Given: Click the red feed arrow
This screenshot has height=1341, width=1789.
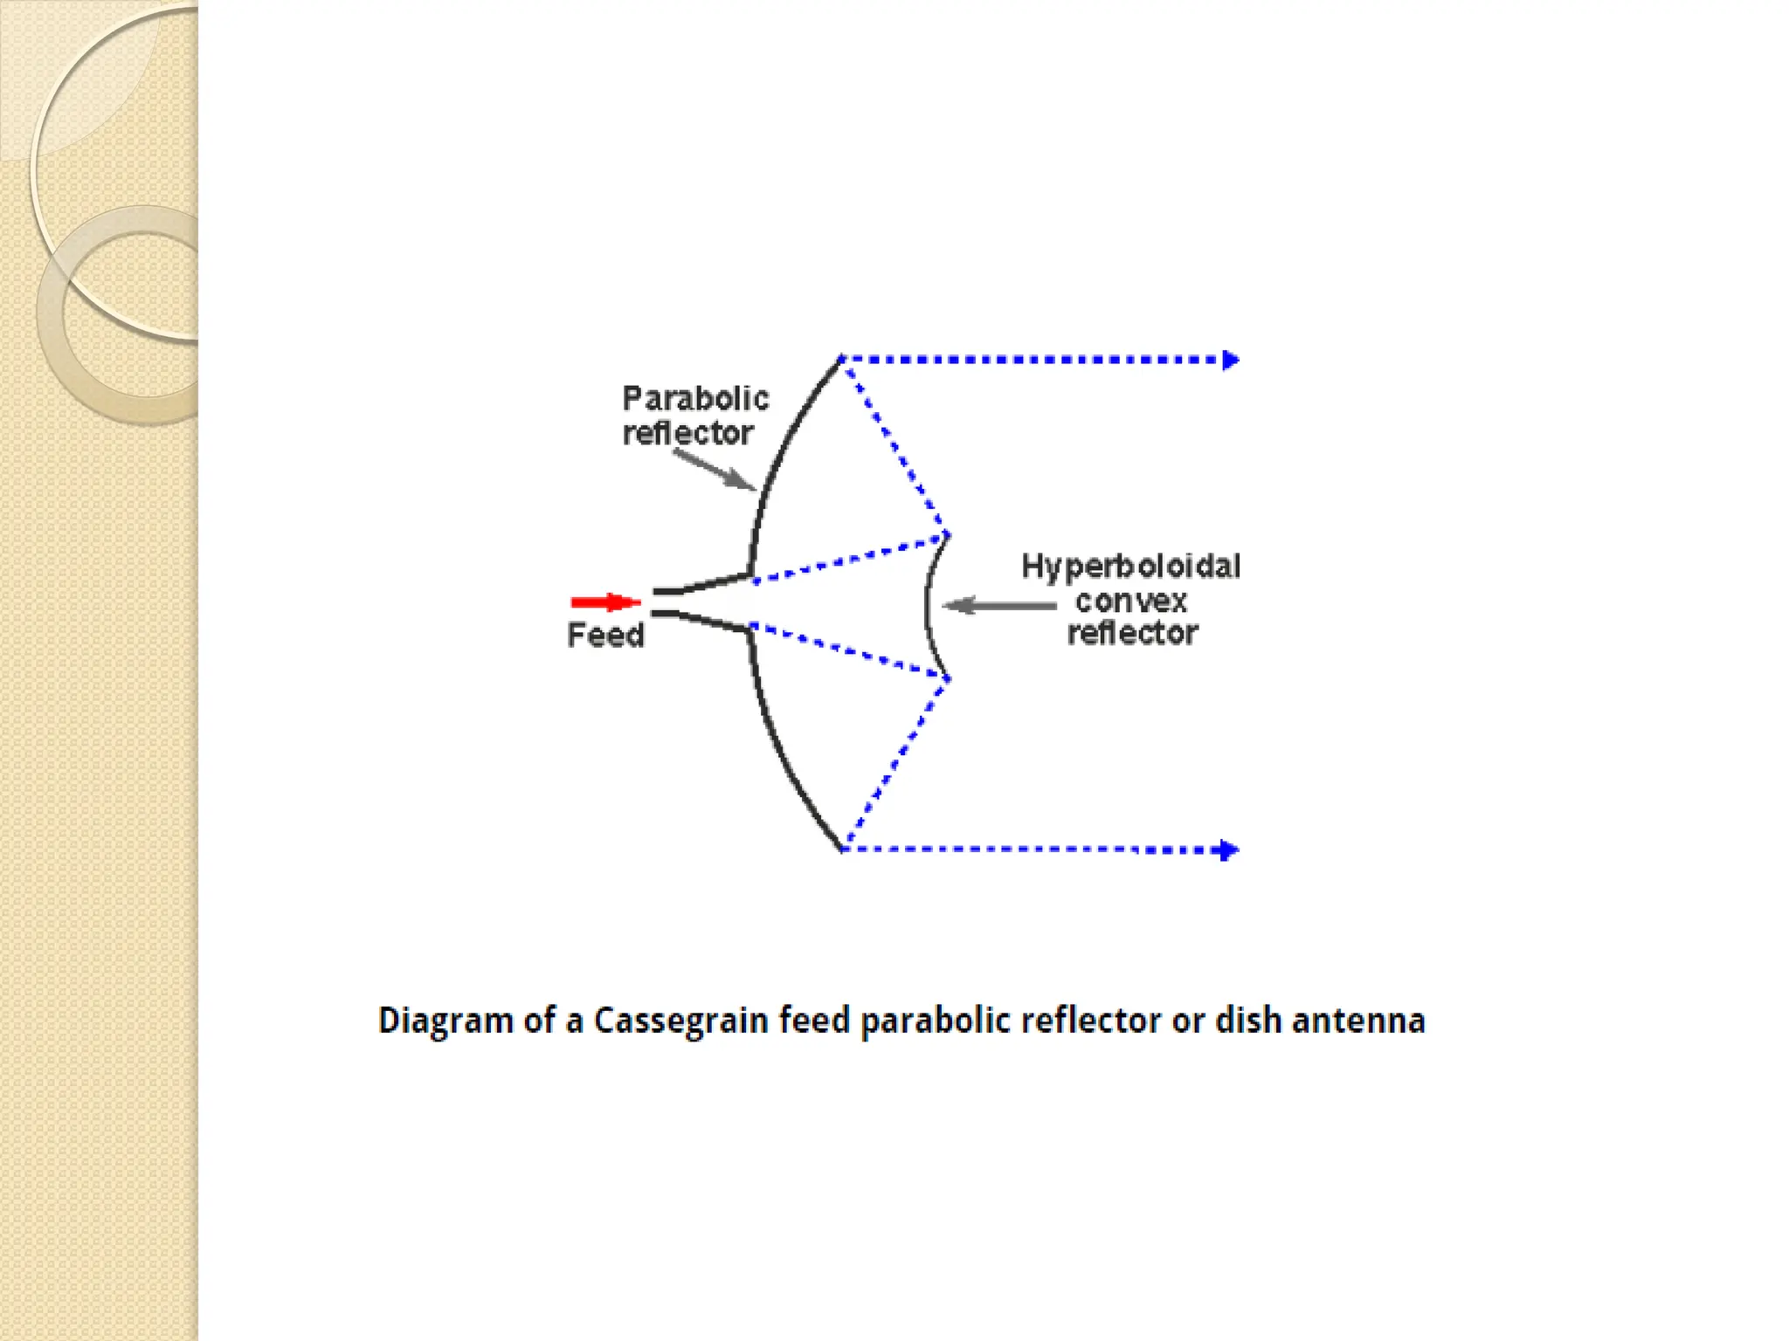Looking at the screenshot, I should click(605, 602).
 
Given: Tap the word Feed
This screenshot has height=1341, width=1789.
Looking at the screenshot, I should click(605, 635).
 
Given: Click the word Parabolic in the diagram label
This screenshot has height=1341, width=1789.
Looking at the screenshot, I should click(695, 399).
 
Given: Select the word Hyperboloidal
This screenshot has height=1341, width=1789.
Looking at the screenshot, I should click(1131, 567).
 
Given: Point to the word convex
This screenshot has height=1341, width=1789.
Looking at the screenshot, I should click(1131, 601).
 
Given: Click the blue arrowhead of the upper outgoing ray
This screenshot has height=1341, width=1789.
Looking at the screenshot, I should click(1231, 360).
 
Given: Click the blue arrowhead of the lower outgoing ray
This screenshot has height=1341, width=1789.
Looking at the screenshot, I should click(1230, 850).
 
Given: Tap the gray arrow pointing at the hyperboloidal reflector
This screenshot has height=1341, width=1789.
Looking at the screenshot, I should click(999, 605).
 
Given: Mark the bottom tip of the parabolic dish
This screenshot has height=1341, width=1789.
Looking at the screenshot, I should click(841, 849).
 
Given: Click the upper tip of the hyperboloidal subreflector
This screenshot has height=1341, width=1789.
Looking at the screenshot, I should click(947, 535).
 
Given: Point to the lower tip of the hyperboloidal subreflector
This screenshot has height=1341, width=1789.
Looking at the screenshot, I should click(948, 677).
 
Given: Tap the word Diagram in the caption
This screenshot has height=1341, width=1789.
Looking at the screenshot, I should click(446, 1021).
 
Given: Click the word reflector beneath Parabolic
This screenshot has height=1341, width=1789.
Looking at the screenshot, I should click(687, 433).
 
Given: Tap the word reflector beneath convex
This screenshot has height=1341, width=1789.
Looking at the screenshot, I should click(1133, 633).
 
